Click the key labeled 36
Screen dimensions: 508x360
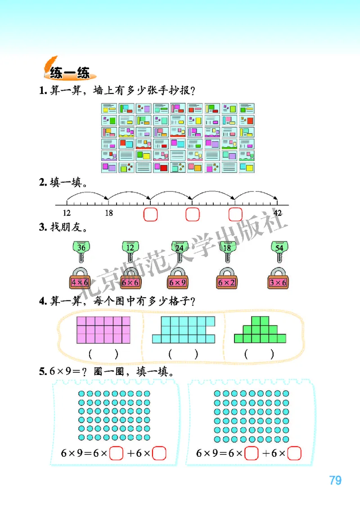81,252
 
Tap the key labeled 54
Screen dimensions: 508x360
279,252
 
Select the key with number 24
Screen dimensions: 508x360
180,252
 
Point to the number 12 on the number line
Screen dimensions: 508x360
67,213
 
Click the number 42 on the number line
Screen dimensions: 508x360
278,213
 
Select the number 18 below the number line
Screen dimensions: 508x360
108,213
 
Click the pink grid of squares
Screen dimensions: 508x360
103,330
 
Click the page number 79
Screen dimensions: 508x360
335,481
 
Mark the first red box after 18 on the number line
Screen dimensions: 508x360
150,214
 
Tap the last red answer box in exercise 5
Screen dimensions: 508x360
294,453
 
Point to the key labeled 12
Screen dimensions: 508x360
130,252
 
